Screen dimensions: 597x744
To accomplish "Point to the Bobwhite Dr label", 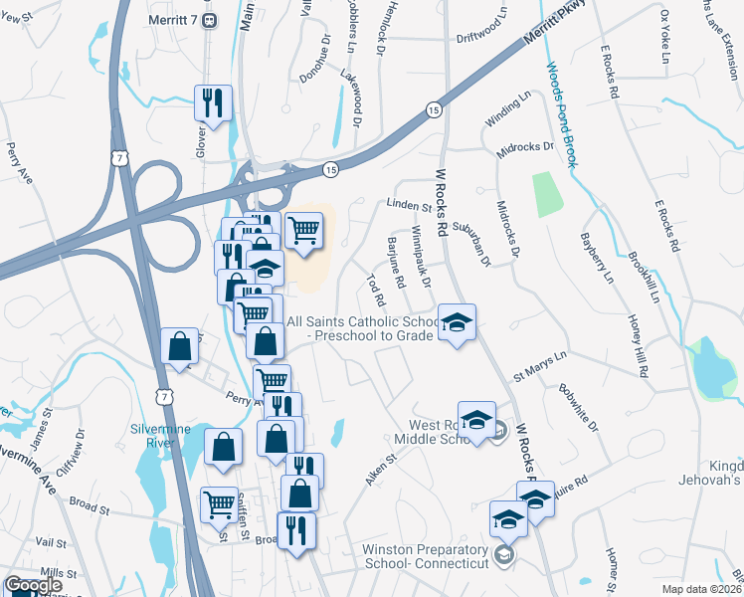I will [x=579, y=408].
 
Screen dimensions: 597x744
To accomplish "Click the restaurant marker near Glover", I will [x=213, y=101].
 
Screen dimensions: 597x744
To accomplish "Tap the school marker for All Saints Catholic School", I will [x=457, y=322].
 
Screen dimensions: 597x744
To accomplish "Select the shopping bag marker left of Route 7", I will [x=180, y=346].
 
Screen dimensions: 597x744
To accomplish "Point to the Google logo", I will [x=34, y=586].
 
